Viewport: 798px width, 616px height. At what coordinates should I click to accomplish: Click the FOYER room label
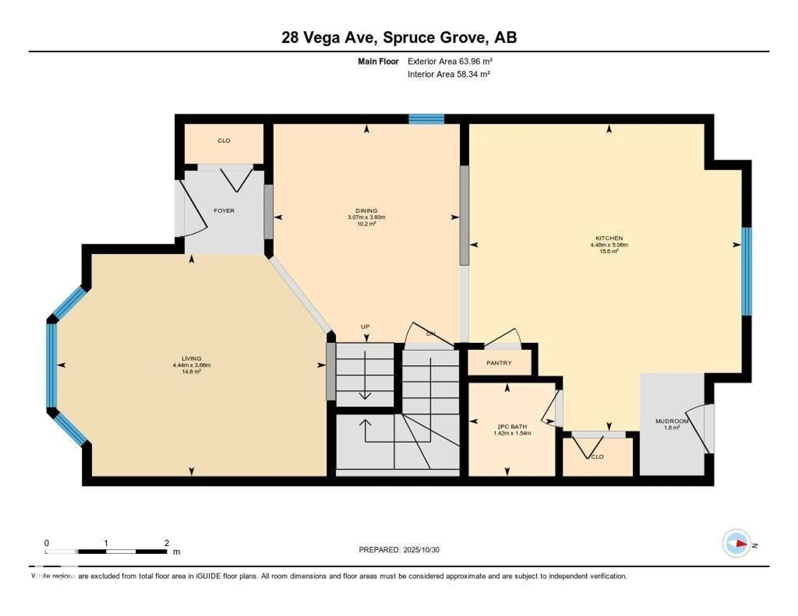[224, 211]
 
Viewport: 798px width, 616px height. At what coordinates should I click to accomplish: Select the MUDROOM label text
[672, 421]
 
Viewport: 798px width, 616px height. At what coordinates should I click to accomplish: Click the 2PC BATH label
[512, 427]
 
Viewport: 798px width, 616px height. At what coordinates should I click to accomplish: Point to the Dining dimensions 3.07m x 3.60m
[367, 217]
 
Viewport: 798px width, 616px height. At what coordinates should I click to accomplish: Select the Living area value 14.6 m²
[191, 372]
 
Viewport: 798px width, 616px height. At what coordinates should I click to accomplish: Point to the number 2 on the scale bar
[167, 543]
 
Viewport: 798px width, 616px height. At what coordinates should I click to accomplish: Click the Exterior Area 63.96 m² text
[450, 61]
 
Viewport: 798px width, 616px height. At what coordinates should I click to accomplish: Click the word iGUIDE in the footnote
[208, 576]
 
